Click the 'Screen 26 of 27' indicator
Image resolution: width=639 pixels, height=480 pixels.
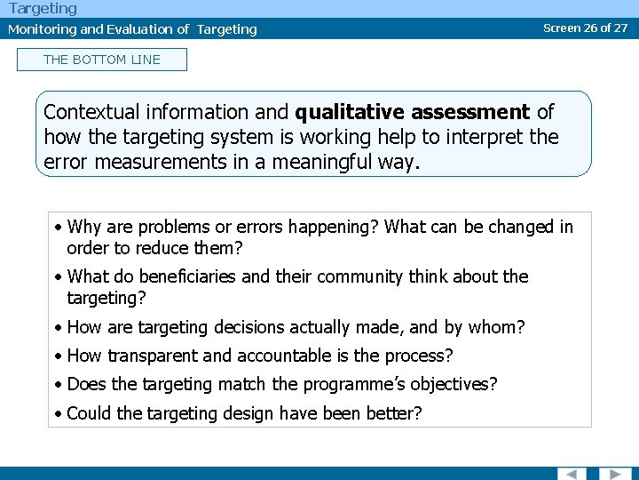click(x=585, y=28)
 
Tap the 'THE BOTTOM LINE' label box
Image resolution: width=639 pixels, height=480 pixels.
click(x=102, y=60)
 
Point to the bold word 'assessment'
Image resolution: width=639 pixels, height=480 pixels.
click(x=472, y=112)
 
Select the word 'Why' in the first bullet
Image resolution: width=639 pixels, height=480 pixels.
click(x=83, y=227)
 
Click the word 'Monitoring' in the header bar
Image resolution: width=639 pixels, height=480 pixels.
click(x=42, y=29)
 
